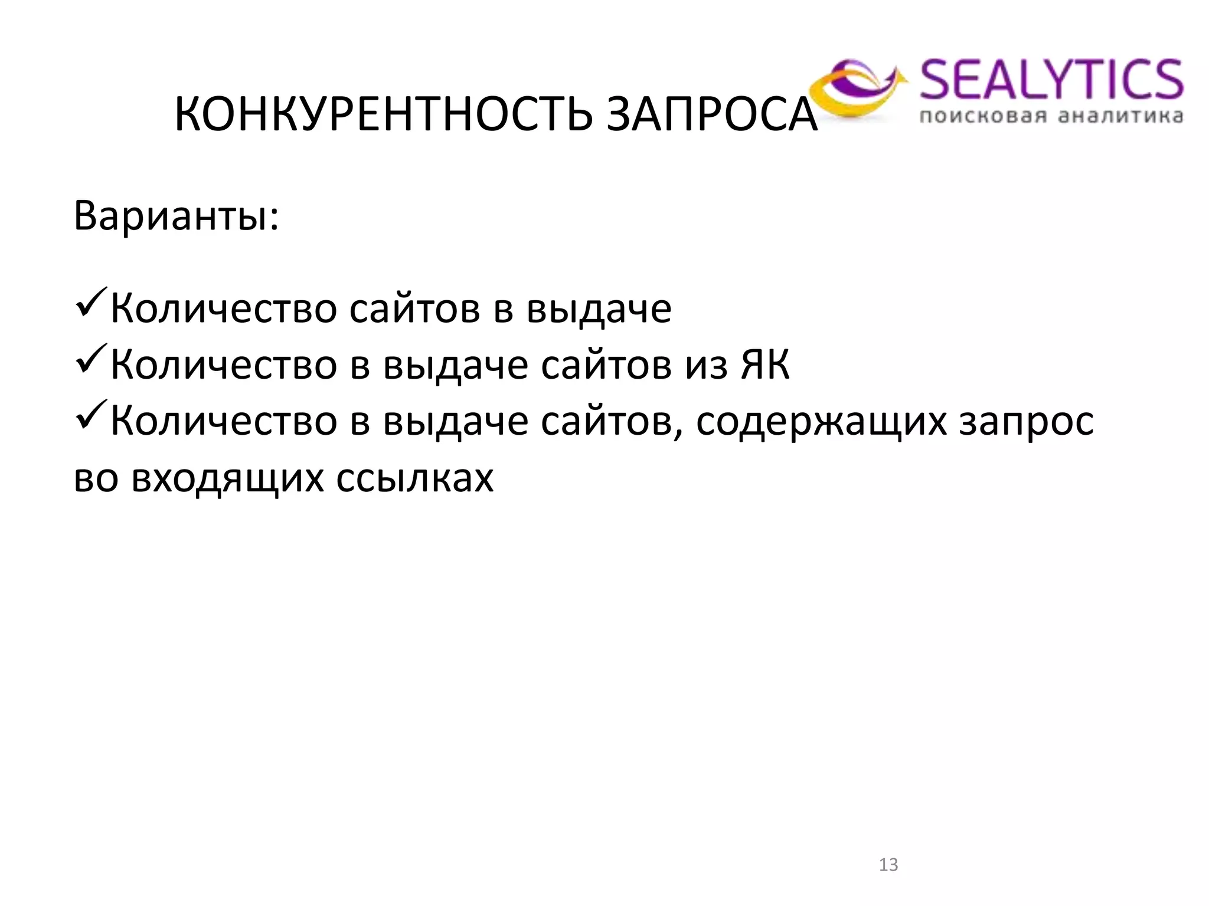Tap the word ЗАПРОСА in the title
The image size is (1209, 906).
click(712, 114)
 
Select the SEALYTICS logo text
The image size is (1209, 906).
click(1051, 80)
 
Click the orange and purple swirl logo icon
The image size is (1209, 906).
click(856, 88)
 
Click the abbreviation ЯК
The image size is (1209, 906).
click(765, 365)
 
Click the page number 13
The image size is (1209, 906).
click(888, 865)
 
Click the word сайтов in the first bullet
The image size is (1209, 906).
click(415, 308)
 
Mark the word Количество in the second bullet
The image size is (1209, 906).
click(224, 365)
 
